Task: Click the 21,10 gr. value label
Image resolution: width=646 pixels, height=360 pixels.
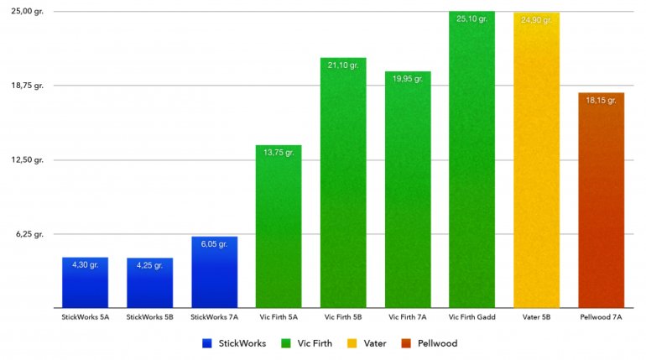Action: coord(343,65)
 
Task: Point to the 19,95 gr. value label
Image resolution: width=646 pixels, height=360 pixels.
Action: coord(408,79)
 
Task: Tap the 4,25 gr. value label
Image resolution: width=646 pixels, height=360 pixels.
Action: coord(149,265)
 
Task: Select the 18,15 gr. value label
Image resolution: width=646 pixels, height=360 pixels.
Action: coord(601,100)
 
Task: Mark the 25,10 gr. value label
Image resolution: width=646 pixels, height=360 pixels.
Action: coord(471,18)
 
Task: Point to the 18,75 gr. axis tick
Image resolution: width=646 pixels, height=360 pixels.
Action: coord(27,86)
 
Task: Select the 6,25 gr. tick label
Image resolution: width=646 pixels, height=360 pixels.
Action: coord(29,234)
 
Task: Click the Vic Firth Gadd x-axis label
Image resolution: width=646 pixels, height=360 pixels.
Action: coord(471,317)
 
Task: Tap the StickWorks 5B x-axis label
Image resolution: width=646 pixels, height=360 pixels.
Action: coord(149,317)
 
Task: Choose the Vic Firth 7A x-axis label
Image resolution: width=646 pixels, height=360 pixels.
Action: coord(408,317)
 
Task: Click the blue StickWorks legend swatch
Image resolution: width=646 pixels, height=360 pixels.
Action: coord(206,343)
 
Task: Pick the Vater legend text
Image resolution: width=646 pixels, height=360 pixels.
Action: coord(374,343)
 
